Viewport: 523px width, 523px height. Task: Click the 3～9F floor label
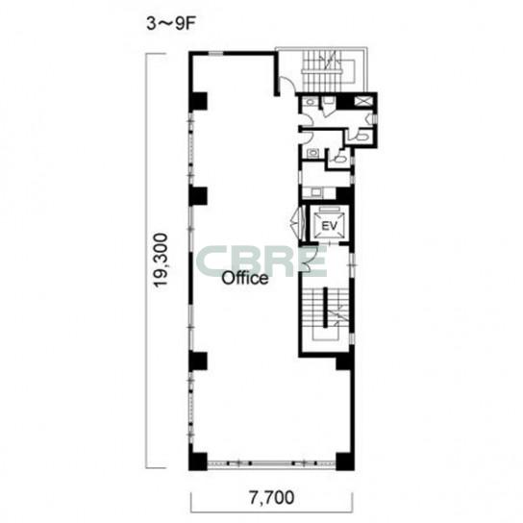click(170, 24)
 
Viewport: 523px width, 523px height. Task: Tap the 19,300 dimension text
click(161, 261)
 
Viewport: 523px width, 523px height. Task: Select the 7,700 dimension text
click(272, 498)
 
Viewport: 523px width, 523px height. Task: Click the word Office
click(245, 278)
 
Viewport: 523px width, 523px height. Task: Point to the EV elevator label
click(329, 226)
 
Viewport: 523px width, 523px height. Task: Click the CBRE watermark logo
click(261, 261)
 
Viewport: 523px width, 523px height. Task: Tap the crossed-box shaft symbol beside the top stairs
click(361, 101)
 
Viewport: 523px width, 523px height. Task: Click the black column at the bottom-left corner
click(198, 461)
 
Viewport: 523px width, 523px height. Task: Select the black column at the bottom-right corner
click(345, 461)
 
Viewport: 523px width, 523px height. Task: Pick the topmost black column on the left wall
click(198, 102)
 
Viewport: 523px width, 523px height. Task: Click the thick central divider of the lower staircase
click(325, 308)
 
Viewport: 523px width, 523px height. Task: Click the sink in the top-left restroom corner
click(311, 102)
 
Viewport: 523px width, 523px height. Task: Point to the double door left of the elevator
click(296, 221)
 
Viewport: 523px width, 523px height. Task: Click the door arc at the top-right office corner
click(287, 85)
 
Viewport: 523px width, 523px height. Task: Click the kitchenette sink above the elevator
click(315, 192)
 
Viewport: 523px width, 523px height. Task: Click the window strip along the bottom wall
click(271, 463)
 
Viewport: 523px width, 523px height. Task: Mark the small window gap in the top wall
click(215, 53)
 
